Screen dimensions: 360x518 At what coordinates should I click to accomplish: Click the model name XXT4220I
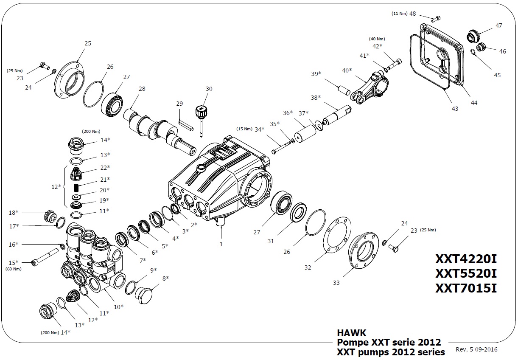pos(465,259)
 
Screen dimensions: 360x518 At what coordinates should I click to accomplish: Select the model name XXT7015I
pos(465,288)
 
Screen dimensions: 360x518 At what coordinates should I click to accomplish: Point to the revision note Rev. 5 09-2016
pos(476,349)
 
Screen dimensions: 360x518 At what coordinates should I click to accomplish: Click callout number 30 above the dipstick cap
pos(209,89)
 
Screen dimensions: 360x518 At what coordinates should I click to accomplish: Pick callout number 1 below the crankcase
pos(221,244)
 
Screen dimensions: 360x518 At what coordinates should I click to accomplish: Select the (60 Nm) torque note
pos(13,269)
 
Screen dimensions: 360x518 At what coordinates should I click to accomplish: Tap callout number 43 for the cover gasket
pos(455,109)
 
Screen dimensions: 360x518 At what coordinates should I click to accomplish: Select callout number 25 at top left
pos(88,43)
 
